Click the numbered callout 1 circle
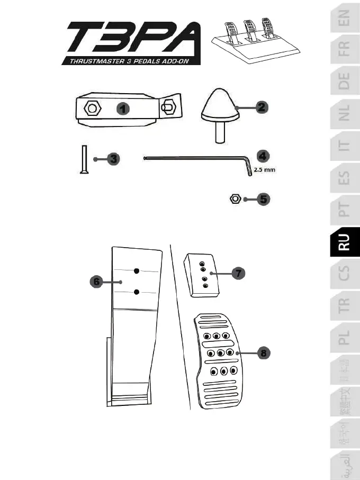pyautogui.click(x=122, y=109)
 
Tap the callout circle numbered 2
pyautogui.click(x=260, y=107)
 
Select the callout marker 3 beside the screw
pyautogui.click(x=112, y=159)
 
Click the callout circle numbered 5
pyautogui.click(x=263, y=200)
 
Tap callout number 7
pyautogui.click(x=239, y=273)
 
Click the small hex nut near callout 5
pyautogui.click(x=236, y=200)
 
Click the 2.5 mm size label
pyautogui.click(x=264, y=170)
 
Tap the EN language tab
pyautogui.click(x=344, y=20)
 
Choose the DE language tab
pyautogui.click(x=344, y=82)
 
